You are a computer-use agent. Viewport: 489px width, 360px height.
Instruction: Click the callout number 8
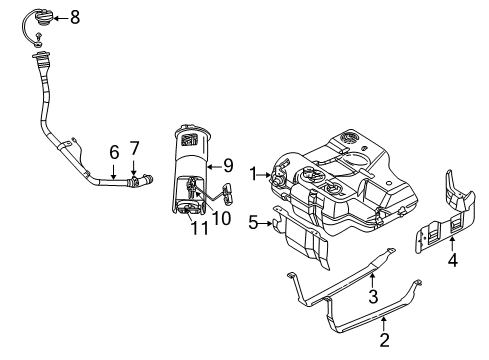(x=74, y=17)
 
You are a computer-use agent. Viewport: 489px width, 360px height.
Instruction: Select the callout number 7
(x=134, y=148)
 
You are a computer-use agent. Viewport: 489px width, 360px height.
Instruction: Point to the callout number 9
(x=228, y=166)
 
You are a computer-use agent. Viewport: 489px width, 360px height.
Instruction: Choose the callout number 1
(x=254, y=171)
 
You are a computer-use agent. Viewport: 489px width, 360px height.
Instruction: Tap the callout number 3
(x=372, y=295)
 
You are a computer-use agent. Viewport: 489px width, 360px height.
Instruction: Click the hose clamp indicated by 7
(x=137, y=181)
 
